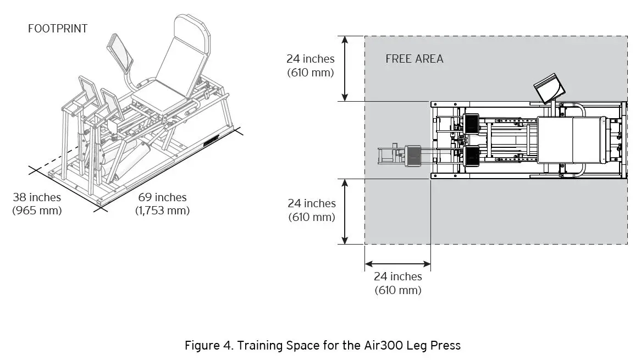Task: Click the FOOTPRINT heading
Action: [x=58, y=29]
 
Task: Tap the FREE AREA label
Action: [x=414, y=59]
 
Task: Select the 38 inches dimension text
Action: [x=37, y=197]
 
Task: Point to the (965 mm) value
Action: [x=37, y=211]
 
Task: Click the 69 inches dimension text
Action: [x=162, y=197]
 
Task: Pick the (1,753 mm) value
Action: [x=162, y=211]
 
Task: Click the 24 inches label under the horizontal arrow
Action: [x=397, y=277]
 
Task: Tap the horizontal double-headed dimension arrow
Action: [x=397, y=264]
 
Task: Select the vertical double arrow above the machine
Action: [x=345, y=69]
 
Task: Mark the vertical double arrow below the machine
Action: [x=345, y=211]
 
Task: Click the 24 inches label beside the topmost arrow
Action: [x=311, y=59]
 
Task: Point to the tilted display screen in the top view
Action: [x=548, y=88]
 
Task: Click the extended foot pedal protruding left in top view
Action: [x=413, y=156]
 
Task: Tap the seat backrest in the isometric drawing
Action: [x=181, y=60]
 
